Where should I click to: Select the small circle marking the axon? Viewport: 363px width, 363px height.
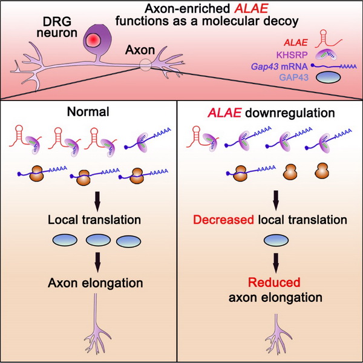pos(145,65)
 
